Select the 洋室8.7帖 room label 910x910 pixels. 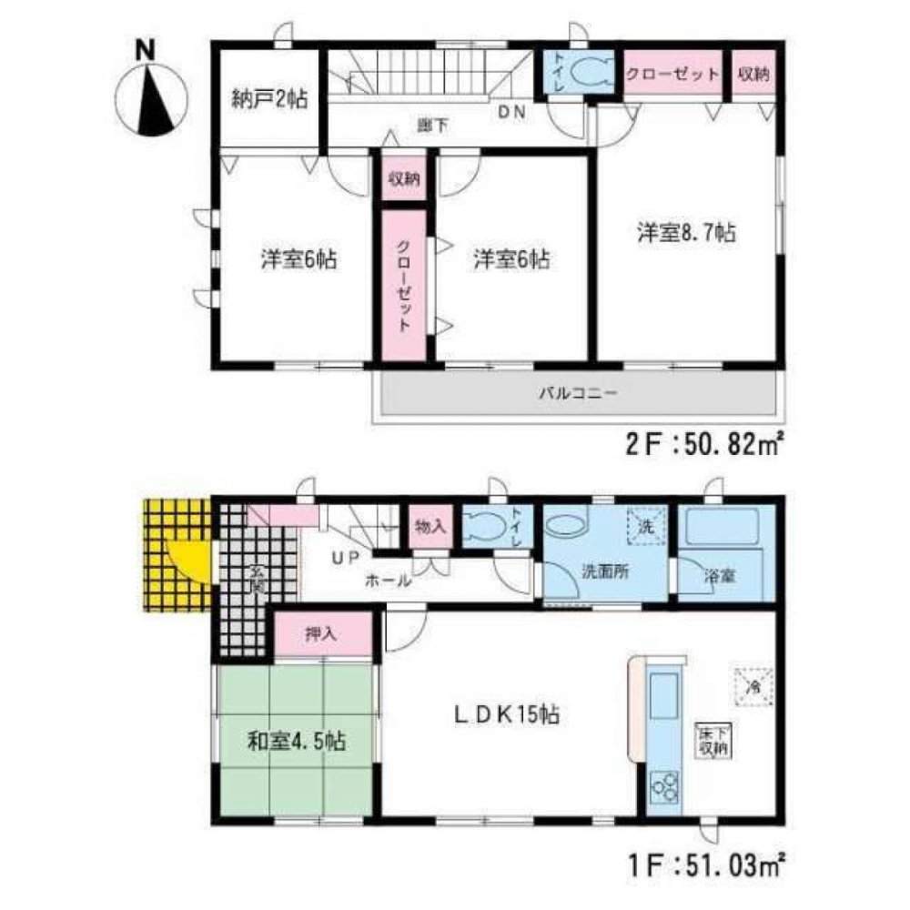point(685,234)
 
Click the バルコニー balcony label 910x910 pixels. point(578,394)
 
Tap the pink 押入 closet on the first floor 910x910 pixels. point(325,633)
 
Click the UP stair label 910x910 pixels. point(344,558)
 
